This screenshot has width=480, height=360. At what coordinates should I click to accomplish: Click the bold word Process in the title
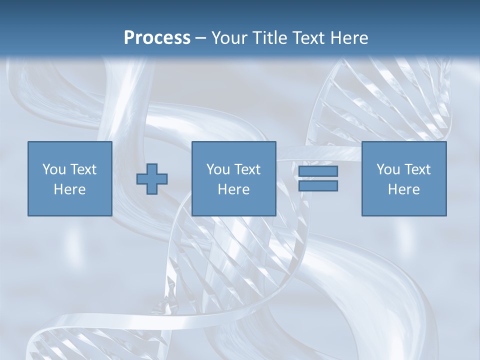click(157, 38)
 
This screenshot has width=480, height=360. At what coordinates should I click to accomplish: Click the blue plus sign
click(152, 179)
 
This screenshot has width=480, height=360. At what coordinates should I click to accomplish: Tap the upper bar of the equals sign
click(318, 171)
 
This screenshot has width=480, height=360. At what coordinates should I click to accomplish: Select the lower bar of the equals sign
click(318, 186)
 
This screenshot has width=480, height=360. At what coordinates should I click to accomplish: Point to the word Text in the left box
click(83, 169)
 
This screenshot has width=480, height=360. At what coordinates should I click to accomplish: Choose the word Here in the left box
click(69, 189)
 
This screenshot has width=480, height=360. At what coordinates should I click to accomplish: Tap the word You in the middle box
click(218, 169)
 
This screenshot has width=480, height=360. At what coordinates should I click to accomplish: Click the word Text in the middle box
click(247, 169)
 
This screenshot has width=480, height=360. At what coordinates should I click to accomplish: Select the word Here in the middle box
click(233, 189)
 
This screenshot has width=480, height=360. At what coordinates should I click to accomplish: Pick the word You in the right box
click(388, 169)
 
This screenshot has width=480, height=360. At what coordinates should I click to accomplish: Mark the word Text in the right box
click(417, 169)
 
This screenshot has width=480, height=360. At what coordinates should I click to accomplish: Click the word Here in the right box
click(403, 189)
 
